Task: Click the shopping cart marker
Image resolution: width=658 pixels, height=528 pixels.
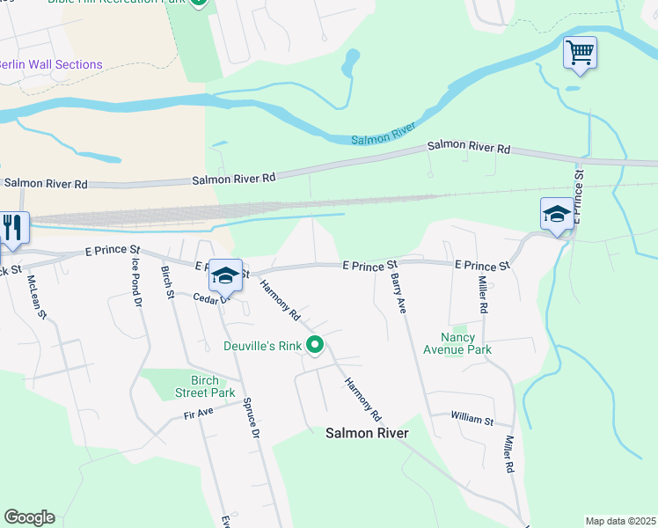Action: click(x=581, y=53)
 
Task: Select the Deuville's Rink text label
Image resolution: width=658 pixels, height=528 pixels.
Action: click(x=262, y=346)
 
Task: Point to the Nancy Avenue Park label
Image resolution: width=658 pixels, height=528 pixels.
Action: click(x=466, y=343)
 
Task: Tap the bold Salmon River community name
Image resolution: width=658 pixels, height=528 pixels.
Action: click(x=367, y=433)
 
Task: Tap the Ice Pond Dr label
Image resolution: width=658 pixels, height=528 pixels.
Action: click(x=136, y=281)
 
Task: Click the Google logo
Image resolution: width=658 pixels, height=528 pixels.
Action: click(x=29, y=517)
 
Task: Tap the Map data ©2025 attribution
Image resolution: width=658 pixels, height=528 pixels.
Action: click(x=620, y=521)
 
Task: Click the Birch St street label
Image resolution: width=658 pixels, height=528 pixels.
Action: click(x=167, y=282)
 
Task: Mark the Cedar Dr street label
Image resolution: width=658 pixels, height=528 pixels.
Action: click(x=211, y=298)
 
